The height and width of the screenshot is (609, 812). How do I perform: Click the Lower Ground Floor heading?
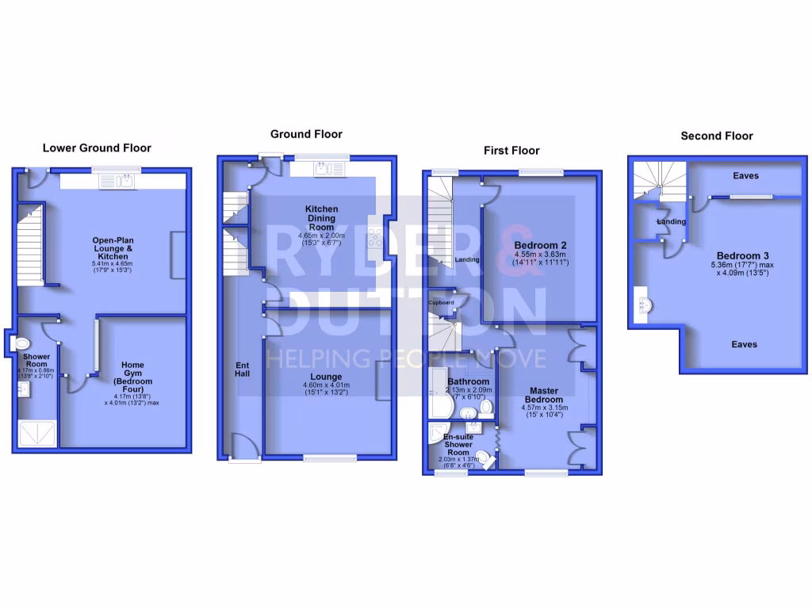[x=97, y=147]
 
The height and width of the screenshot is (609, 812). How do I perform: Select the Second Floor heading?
[x=717, y=136]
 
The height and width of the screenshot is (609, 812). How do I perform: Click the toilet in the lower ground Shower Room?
[x=21, y=344]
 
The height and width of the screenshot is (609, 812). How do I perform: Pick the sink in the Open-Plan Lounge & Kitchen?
[x=121, y=182]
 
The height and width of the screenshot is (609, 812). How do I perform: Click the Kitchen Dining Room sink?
[x=323, y=168]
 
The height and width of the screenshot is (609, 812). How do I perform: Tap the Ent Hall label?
[x=243, y=369]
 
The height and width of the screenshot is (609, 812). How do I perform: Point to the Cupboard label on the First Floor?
[x=441, y=303]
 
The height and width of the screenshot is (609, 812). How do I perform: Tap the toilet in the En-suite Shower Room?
[x=482, y=458]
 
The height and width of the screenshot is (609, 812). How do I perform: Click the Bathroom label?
[x=468, y=381]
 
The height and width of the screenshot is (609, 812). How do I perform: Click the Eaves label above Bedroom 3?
[x=744, y=175]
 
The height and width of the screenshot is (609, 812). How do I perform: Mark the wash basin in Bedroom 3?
[x=643, y=305]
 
